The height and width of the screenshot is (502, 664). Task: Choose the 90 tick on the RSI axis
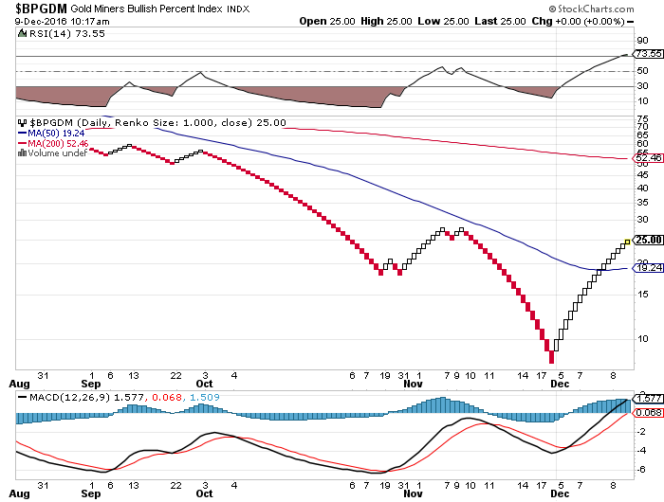pos(642,41)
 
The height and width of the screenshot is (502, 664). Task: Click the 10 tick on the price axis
pos(642,338)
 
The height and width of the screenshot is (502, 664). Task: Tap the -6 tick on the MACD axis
pos(642,470)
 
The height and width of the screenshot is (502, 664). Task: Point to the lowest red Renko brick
pos(551,358)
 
